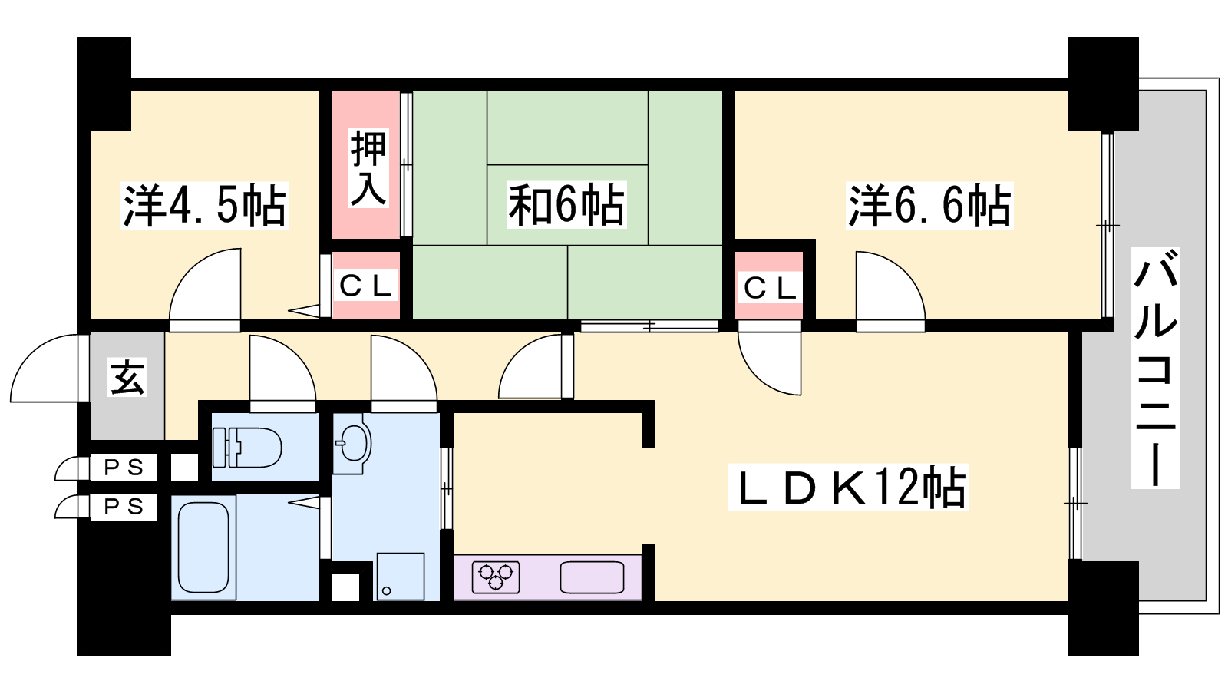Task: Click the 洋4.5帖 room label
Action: click(x=204, y=206)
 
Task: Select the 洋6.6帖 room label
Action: click(x=929, y=206)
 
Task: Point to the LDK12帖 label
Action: click(x=848, y=488)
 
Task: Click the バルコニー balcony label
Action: click(x=1156, y=368)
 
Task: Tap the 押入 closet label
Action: click(x=368, y=168)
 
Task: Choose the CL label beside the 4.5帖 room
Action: click(x=365, y=286)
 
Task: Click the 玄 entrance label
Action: click(x=127, y=377)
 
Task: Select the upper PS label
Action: click(x=124, y=468)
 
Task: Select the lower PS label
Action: click(x=124, y=507)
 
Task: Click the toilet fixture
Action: click(x=247, y=448)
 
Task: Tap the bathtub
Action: click(x=203, y=547)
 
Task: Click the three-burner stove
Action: click(x=496, y=577)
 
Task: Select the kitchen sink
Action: click(x=592, y=577)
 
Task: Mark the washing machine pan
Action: click(x=400, y=577)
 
